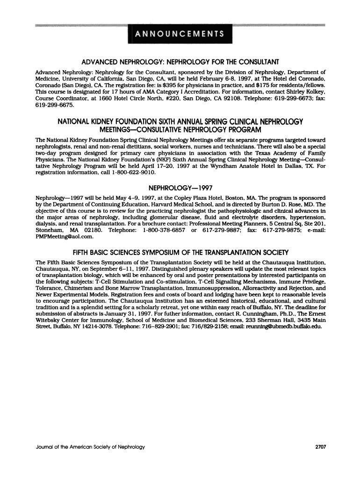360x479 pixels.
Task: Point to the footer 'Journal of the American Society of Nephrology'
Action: coord(90,447)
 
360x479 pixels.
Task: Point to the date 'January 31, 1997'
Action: coord(107,314)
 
